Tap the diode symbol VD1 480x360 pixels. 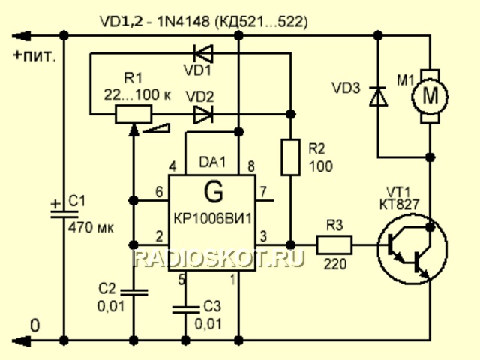203,53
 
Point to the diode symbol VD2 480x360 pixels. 203,115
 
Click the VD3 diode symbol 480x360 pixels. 378,97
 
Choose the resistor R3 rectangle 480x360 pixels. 334,244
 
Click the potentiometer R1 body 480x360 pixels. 133,115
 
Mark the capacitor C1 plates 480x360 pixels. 63,211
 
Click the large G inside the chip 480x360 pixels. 214,193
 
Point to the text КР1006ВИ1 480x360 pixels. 213,218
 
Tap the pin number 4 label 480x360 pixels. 173,166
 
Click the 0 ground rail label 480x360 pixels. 32,325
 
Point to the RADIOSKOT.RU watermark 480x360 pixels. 220,259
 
